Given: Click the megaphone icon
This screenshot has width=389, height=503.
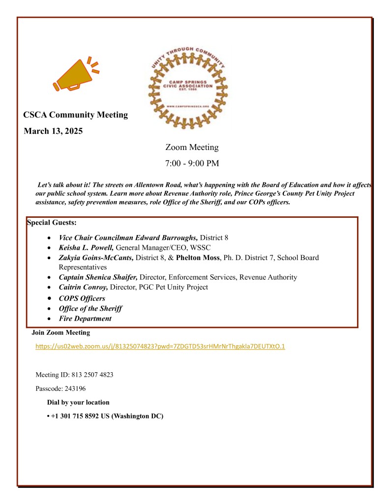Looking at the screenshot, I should pos(75,76).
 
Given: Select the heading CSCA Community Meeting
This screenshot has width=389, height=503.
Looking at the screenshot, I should pos(75,115).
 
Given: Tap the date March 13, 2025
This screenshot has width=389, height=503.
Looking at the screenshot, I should pos(53,131).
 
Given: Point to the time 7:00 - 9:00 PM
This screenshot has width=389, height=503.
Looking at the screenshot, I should pos(192,163).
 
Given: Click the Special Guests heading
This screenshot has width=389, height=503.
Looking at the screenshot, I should pos(52,223).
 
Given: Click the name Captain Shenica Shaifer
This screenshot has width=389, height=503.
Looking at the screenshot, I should pos(98,277).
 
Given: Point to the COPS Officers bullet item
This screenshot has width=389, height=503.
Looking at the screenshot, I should pos(82,298).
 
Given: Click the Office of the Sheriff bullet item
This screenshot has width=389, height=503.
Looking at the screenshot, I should pos(90,308).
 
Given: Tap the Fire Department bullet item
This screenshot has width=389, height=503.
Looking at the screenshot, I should pos(85,319).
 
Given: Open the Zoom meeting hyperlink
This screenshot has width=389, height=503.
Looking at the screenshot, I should pos(160,347).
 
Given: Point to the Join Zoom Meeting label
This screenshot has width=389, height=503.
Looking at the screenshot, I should pos(61,333).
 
